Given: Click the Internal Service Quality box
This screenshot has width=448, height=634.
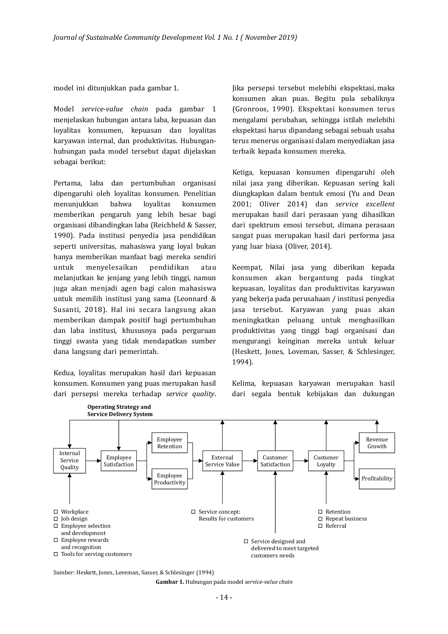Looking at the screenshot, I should coord(69,460).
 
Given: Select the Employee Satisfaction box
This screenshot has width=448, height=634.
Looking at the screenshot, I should coord(119,461).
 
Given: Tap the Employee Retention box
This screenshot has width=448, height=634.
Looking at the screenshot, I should coord(169,443).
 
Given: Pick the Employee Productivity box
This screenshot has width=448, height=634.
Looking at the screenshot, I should coord(169,479).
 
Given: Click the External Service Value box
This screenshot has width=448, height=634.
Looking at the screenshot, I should coord(222,461).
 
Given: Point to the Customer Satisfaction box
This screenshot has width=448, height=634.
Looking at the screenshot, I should coord(275,461).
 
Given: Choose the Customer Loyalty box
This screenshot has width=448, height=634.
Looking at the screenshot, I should coord(326,461).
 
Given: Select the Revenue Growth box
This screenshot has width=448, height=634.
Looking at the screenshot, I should coord(376,443).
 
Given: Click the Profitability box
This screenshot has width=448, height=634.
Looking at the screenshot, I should coord(376,479).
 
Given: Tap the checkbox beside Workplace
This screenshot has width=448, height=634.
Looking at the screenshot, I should coord(56,512).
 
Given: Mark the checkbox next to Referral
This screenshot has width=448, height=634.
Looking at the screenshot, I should coord(320,526).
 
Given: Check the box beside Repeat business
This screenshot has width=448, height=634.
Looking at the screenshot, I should coord(320,519).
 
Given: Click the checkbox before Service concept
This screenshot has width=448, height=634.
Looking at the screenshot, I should coord(193,512).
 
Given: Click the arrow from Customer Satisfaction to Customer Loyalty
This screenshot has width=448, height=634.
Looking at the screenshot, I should coord(300,461).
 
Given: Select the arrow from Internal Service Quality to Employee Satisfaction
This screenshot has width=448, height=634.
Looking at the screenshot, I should coord(93,461).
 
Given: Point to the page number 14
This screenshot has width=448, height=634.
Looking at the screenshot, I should coord(224,597).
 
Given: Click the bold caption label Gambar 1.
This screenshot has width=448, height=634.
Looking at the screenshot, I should coord(170,582).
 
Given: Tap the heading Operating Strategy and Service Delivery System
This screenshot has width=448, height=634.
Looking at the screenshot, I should coord(120,411).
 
